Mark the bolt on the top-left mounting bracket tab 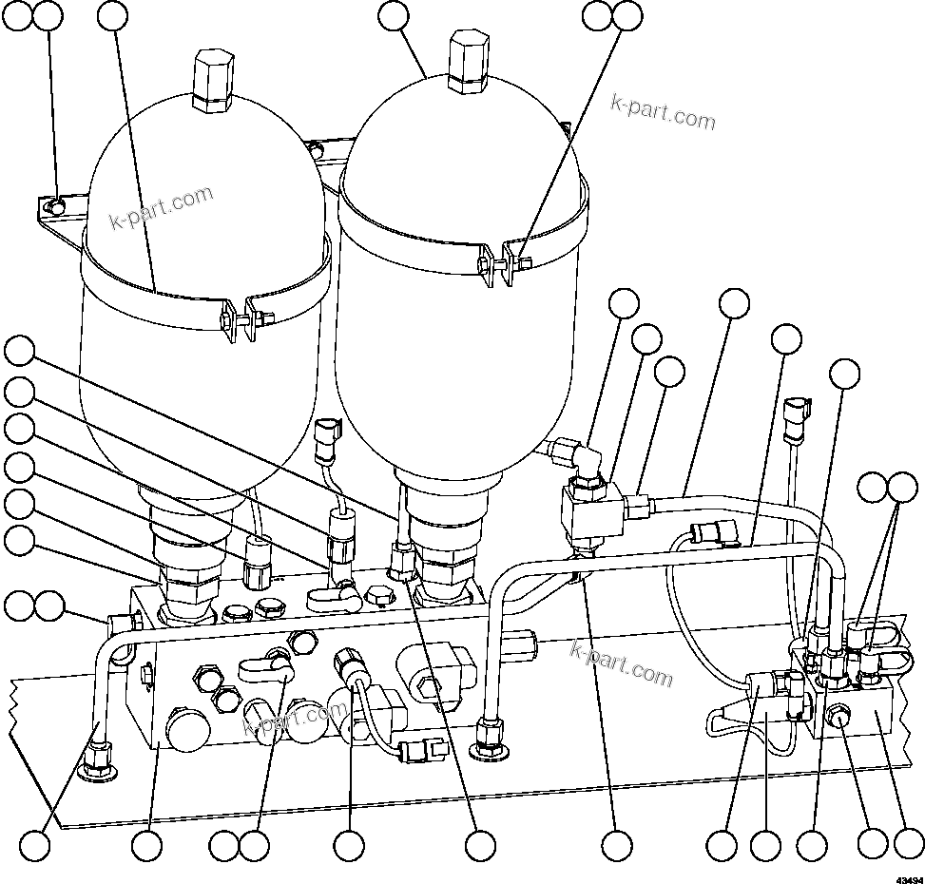58,205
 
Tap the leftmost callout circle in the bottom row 36,845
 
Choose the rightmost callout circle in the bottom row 908,845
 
